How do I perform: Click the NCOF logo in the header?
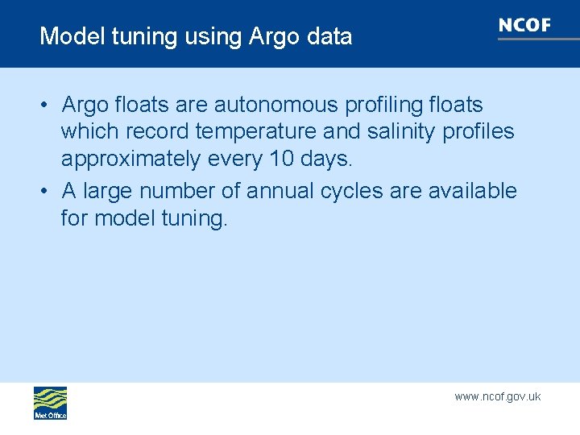click(x=524, y=26)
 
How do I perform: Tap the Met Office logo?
click(x=50, y=403)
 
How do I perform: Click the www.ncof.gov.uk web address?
click(x=497, y=396)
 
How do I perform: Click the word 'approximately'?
click(x=131, y=159)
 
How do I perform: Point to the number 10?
click(x=282, y=159)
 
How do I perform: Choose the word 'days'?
click(x=327, y=159)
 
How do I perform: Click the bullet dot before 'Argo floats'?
click(x=48, y=106)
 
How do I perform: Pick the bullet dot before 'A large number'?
click(x=48, y=192)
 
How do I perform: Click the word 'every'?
click(x=234, y=159)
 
